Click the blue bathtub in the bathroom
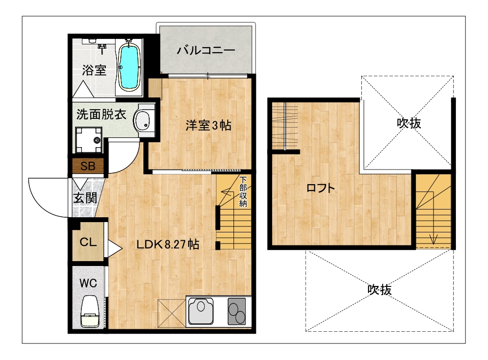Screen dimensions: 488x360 (x=129, y=67)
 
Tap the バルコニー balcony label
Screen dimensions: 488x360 (x=206, y=50)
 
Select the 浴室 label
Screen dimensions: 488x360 (x=94, y=70)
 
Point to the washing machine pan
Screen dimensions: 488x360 (x=89, y=140)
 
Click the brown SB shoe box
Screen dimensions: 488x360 (x=88, y=166)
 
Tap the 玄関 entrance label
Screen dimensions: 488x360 (x=85, y=198)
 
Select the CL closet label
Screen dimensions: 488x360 (x=88, y=242)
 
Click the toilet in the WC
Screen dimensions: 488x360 (x=90, y=311)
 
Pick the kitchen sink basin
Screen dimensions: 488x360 (x=201, y=311)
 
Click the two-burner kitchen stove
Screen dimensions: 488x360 (x=236, y=311)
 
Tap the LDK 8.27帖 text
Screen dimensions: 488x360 (x=168, y=245)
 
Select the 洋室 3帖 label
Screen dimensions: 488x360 (x=208, y=125)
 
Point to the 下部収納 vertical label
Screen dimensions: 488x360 (x=243, y=191)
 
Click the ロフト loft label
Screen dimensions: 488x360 (x=321, y=188)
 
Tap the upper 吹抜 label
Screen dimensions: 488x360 (x=409, y=123)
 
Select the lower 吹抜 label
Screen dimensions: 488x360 (x=379, y=290)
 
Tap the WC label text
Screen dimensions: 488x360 (x=88, y=283)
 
